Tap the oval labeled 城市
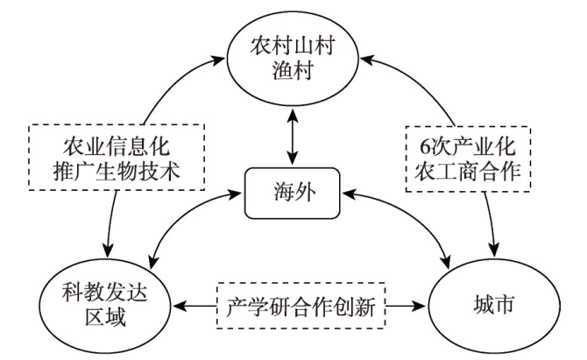pyautogui.click(x=489, y=306)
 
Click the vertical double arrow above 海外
pyautogui.click(x=290, y=138)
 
